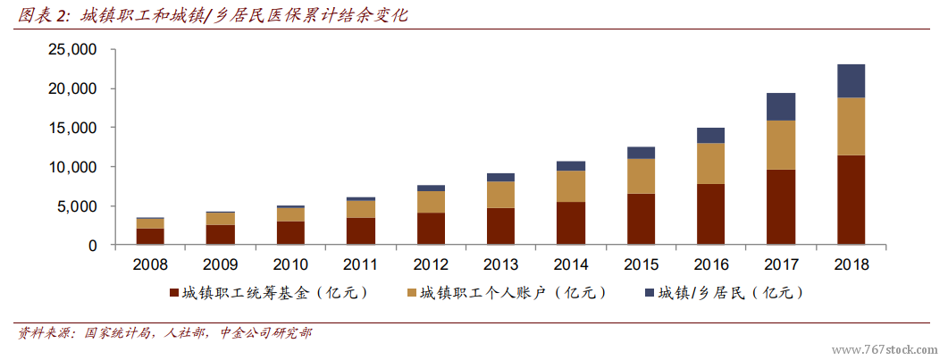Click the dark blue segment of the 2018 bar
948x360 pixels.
tap(851, 80)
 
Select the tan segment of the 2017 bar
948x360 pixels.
tap(781, 145)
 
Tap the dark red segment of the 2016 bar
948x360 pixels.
tap(711, 214)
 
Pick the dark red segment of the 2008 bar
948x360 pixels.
tap(150, 236)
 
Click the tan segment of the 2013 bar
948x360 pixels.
tap(500, 195)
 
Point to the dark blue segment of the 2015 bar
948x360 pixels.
tap(641, 153)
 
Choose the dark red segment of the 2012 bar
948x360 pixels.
tap(431, 229)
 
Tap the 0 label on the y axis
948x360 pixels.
tap(92, 245)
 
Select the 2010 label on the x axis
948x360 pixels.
tap(290, 264)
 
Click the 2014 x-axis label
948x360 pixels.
tap(571, 264)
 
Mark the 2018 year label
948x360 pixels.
tap(851, 264)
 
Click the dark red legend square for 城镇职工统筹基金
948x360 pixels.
tap(172, 293)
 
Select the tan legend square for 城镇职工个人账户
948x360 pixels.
tap(412, 293)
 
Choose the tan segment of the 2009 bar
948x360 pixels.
tap(221, 218)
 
